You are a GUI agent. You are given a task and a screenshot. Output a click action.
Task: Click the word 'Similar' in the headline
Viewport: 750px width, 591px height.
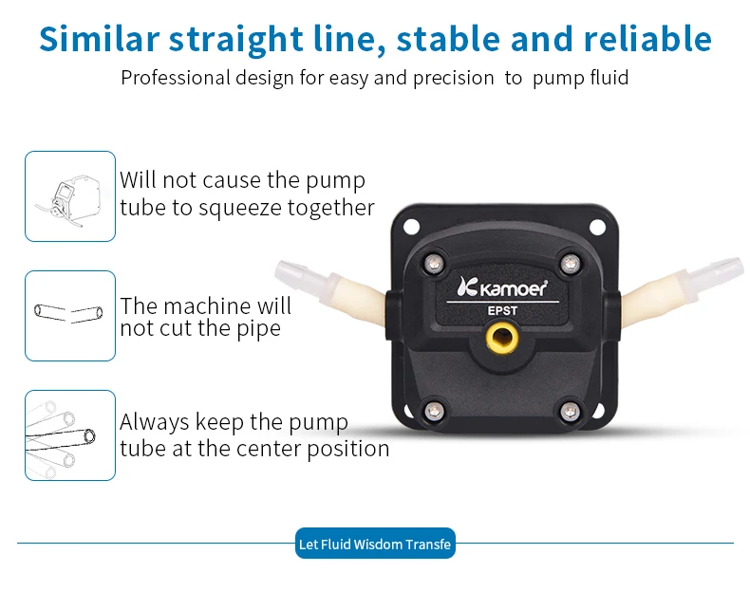pyautogui.click(x=99, y=38)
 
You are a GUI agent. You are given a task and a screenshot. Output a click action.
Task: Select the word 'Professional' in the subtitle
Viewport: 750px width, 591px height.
pyautogui.click(x=176, y=78)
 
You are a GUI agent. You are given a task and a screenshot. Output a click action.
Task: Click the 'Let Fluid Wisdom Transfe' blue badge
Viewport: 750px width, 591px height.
pyautogui.click(x=375, y=544)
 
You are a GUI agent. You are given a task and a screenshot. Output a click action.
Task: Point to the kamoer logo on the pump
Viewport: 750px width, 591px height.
pyautogui.click(x=502, y=287)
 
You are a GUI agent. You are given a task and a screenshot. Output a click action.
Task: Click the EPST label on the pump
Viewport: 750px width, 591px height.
pyautogui.click(x=502, y=310)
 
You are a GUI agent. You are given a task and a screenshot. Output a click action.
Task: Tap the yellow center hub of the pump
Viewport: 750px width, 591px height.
pyautogui.click(x=502, y=338)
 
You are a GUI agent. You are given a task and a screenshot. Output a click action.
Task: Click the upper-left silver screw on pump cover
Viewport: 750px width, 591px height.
pyautogui.click(x=434, y=263)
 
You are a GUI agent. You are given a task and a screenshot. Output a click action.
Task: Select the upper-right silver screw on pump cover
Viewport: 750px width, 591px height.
pyautogui.click(x=570, y=263)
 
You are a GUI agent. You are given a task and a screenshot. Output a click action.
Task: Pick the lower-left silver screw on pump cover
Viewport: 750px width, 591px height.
pyautogui.click(x=434, y=410)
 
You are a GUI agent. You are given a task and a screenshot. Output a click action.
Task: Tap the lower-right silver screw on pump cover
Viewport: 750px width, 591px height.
pyautogui.click(x=570, y=411)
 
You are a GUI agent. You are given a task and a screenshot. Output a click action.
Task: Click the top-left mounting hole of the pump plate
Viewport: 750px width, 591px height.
pyautogui.click(x=411, y=227)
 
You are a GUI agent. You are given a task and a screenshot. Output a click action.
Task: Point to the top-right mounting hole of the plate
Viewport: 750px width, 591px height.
pyautogui.click(x=597, y=227)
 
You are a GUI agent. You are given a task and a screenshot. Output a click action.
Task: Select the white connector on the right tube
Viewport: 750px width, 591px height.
pyautogui.click(x=714, y=273)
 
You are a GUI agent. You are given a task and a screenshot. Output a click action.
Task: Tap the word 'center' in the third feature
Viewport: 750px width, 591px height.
pyautogui.click(x=269, y=449)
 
